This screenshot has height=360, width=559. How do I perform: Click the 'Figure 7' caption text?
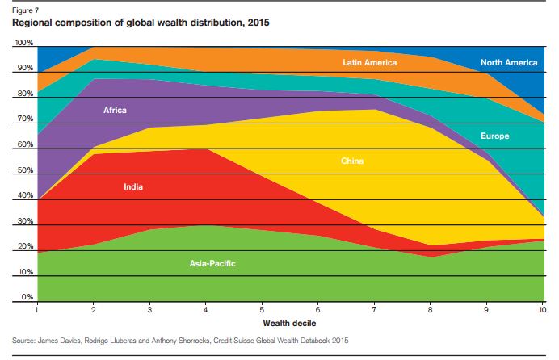(27, 10)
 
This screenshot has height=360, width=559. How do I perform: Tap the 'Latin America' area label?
(369, 62)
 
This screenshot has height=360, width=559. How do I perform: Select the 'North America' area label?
(508, 62)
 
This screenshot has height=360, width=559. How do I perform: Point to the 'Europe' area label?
(494, 136)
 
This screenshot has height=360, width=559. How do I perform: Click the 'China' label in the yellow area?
(352, 161)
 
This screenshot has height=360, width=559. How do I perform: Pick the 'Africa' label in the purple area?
(116, 110)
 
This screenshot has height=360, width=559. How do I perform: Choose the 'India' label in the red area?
(134, 187)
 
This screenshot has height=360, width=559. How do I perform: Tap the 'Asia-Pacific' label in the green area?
(212, 263)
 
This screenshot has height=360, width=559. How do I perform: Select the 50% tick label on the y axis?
(25, 171)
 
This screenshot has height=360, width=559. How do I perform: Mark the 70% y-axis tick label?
(25, 119)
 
